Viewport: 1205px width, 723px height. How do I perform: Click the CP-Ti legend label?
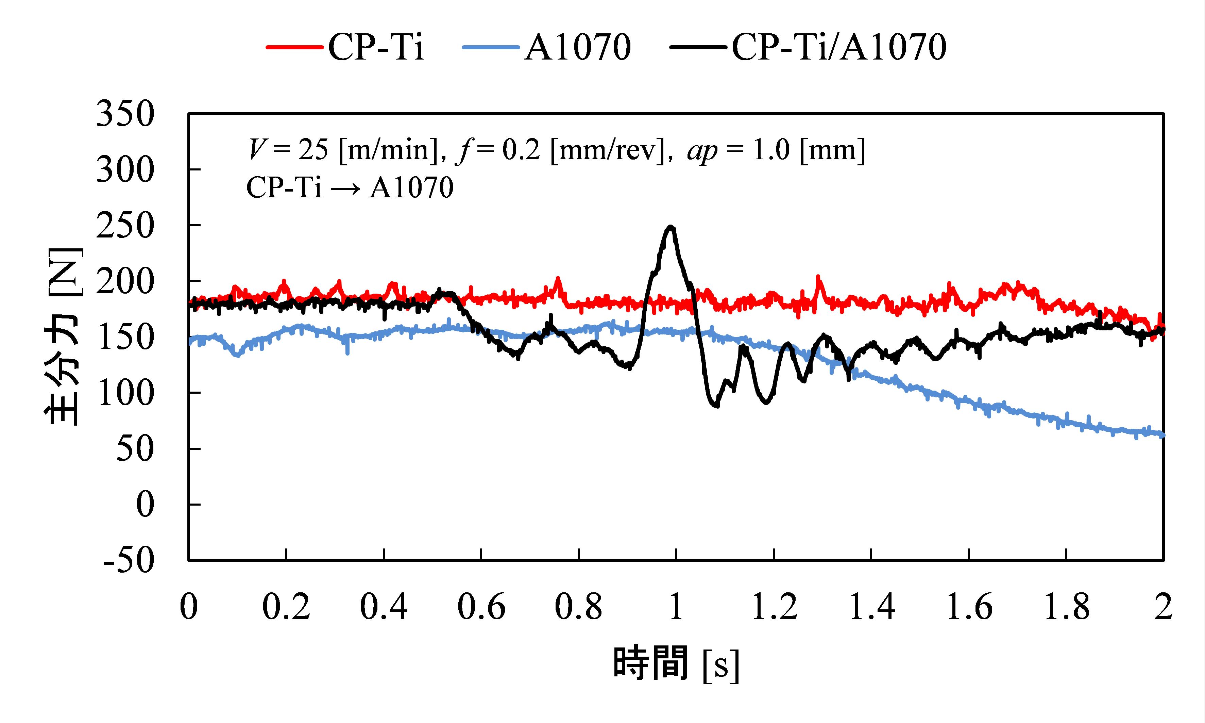(x=376, y=47)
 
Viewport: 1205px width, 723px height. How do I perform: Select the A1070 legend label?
(x=577, y=47)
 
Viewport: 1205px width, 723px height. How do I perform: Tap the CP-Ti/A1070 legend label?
(x=838, y=47)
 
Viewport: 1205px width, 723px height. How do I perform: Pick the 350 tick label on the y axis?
(x=125, y=115)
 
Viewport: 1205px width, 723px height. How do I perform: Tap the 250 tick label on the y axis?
(x=125, y=226)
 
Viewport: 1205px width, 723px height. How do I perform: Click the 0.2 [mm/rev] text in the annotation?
(x=583, y=150)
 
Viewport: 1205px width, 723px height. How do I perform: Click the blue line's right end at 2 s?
(x=1162, y=434)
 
